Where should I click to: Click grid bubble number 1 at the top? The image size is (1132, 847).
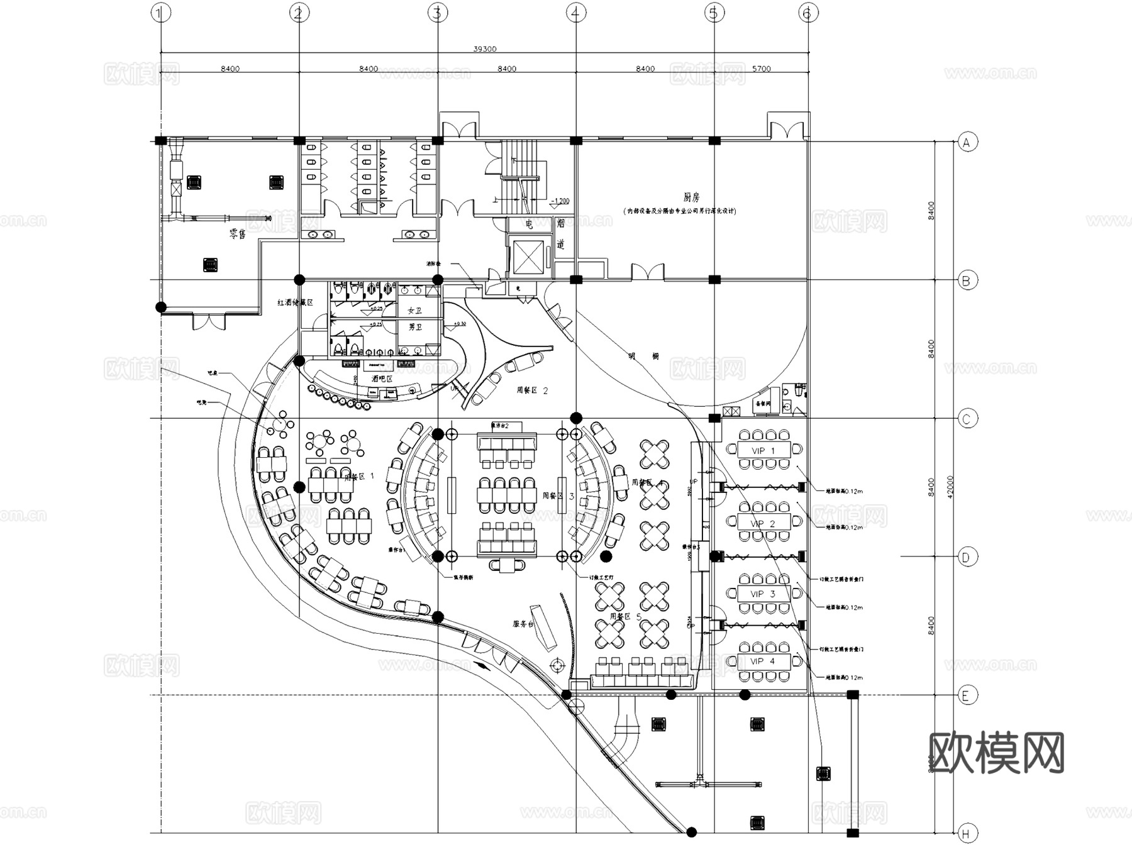point(162,13)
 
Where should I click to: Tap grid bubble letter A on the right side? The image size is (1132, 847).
point(967,142)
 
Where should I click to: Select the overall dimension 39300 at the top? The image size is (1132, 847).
point(484,48)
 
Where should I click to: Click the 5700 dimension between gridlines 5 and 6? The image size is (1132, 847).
point(761,69)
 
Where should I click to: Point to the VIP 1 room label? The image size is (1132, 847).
point(763,450)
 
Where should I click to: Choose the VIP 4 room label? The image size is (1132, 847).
point(762,661)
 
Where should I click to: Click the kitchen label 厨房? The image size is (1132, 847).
point(691,197)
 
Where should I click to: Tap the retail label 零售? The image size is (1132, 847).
point(238,234)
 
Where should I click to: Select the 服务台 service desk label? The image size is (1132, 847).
point(523,624)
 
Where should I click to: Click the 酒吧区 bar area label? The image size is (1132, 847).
point(382,379)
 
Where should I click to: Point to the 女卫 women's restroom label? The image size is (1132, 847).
point(414,311)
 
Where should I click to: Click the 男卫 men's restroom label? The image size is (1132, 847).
point(414,327)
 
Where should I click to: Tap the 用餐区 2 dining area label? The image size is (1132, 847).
point(532,390)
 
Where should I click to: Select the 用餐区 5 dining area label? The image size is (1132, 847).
point(626,617)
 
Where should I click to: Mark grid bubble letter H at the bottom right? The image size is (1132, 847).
point(967,834)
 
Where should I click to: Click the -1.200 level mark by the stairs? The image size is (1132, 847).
point(559,201)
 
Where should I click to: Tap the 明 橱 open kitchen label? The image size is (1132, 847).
point(643,356)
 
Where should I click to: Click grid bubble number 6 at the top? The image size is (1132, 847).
point(808,13)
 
